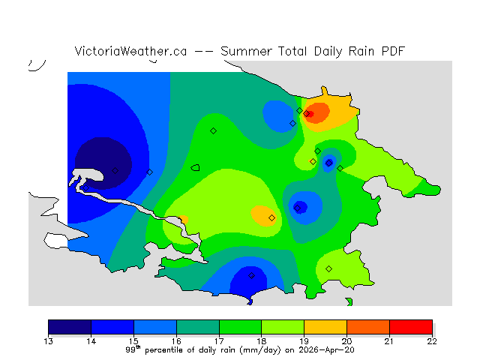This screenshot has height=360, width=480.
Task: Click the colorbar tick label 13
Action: click(49, 340)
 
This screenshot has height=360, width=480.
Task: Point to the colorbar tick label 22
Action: click(432, 340)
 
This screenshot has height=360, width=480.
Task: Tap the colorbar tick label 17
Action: click(219, 340)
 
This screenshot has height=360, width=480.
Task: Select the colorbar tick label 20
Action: click(346, 340)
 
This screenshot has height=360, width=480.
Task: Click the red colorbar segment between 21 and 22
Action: click(411, 326)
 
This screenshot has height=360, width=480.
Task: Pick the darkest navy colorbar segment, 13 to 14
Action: click(70, 326)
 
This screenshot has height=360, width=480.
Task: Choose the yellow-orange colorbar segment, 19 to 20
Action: click(325, 326)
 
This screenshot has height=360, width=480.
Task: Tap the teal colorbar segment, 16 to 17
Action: click(198, 326)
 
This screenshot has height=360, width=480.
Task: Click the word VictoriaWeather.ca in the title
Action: click(130, 51)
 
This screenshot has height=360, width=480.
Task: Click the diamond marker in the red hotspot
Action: click(307, 114)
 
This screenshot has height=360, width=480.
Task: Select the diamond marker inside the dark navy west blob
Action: click(115, 170)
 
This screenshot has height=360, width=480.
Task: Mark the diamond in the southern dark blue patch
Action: click(251, 275)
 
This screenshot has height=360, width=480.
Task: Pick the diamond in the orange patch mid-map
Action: click(271, 217)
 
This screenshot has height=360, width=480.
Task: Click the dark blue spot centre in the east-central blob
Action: click(300, 206)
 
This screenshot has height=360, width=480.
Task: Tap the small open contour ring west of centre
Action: click(196, 168)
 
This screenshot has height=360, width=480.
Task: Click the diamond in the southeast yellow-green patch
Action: click(328, 268)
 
